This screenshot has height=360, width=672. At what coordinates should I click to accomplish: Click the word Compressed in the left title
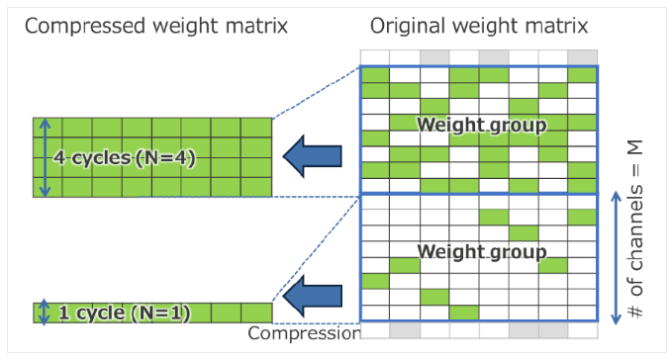pyautogui.click(x=86, y=26)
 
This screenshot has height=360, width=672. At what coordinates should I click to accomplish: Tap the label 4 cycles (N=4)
pyautogui.click(x=125, y=158)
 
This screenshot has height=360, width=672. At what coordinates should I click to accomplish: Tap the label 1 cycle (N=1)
pyautogui.click(x=125, y=313)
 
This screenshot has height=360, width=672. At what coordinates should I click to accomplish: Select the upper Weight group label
pyautogui.click(x=482, y=126)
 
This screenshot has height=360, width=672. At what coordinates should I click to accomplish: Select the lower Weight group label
pyautogui.click(x=482, y=252)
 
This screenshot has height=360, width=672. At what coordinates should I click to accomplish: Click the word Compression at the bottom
pyautogui.click(x=304, y=333)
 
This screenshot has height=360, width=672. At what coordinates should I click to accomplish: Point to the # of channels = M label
pyautogui.click(x=635, y=229)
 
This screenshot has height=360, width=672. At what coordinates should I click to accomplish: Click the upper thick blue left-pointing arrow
pyautogui.click(x=313, y=156)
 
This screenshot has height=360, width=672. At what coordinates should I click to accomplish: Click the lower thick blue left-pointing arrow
pyautogui.click(x=313, y=296)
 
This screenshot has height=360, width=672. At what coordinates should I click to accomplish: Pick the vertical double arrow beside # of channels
pyautogui.click(x=616, y=258)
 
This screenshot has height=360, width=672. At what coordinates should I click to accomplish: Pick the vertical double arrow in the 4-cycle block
pyautogui.click(x=45, y=157)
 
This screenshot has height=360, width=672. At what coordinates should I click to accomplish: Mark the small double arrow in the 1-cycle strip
pyautogui.click(x=45, y=313)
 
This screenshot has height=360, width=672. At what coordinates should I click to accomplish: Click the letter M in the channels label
pyautogui.click(x=635, y=147)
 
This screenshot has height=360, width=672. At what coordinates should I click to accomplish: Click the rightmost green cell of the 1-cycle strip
pyautogui.click(x=256, y=313)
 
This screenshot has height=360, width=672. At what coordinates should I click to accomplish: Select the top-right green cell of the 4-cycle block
pyautogui.click(x=256, y=128)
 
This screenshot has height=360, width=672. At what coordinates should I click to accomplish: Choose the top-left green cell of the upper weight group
pyautogui.click(x=375, y=75)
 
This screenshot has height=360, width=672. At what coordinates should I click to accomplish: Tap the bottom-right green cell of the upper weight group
pyautogui.click(x=582, y=186)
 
